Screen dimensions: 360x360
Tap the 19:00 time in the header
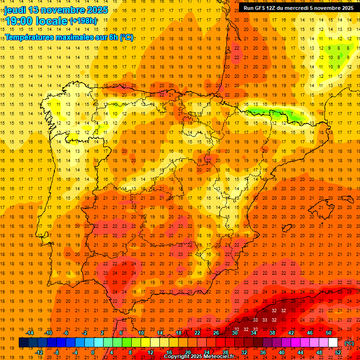pos(19,21)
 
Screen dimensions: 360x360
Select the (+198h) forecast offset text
pos(83,21)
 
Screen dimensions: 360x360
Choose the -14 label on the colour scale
pos(30,333)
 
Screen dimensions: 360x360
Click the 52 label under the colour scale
pos(338,352)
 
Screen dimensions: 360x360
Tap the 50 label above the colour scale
pos(329,333)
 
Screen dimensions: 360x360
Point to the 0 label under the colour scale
pos(93,352)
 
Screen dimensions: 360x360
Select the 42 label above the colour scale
pos(292,333)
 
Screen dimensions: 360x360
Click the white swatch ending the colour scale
pos(333,343)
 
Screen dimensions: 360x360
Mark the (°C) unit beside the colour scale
pos(349,343)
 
